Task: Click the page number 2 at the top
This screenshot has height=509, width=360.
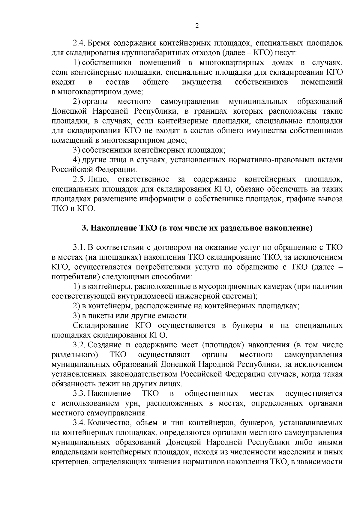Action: tap(197, 26)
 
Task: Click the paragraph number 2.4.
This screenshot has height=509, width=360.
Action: tap(79, 43)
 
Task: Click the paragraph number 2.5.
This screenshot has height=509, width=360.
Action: tap(79, 179)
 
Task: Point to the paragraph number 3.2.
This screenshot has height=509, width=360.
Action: tap(79, 345)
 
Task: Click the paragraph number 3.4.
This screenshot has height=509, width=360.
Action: tap(79, 423)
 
